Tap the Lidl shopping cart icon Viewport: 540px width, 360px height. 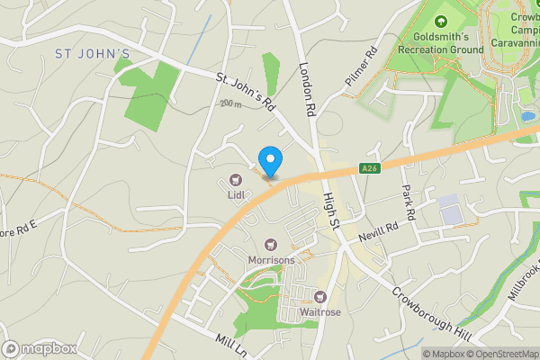pos(237,180)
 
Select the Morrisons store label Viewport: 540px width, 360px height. pos(271,260)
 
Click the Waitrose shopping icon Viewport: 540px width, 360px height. pos(319,296)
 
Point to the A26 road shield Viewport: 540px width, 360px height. pos(367,168)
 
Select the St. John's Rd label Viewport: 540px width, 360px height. pos(244,91)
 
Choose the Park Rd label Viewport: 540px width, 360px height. pos(409,203)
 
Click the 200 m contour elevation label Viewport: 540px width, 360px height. pos(229,104)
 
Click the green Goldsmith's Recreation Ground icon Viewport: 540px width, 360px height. pos(440,22)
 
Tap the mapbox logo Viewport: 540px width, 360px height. pos(40,348)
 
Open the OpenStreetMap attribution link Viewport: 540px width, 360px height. pos(500,354)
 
